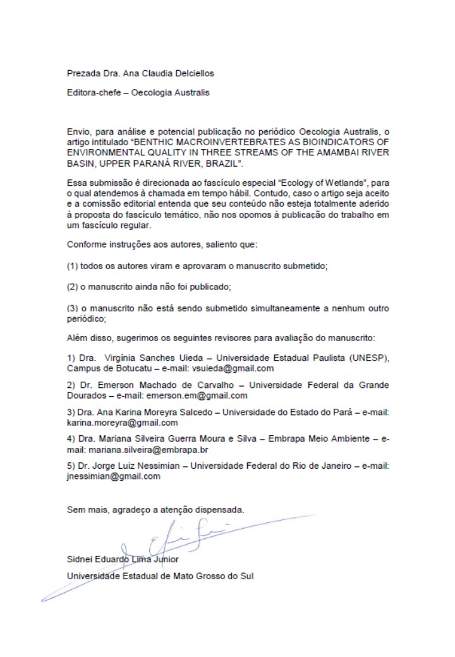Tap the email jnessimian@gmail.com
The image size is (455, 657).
coord(114,477)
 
